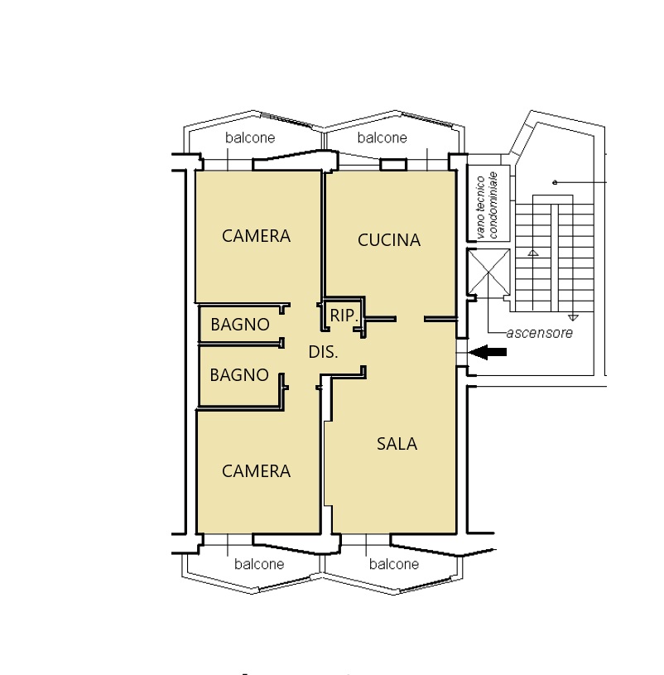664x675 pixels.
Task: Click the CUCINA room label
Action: tap(388, 240)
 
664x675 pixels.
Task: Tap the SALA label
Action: tap(397, 444)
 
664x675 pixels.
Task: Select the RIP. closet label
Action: tap(344, 316)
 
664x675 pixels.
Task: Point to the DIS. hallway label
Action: tap(323, 352)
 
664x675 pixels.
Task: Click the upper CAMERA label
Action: tap(256, 236)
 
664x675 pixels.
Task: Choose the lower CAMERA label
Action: tap(256, 471)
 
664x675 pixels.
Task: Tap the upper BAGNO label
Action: tap(240, 325)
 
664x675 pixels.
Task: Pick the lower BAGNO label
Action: tap(239, 375)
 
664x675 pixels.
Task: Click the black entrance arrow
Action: tap(488, 352)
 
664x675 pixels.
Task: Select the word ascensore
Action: tap(539, 333)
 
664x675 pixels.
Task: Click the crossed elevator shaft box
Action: tap(488, 272)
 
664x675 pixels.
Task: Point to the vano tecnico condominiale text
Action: tap(487, 205)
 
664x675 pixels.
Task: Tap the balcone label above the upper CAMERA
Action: tap(250, 137)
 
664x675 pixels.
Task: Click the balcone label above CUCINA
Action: tap(383, 137)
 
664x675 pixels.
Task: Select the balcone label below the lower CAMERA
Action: tap(259, 564)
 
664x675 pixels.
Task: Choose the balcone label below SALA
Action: tap(394, 564)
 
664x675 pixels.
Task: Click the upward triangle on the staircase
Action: tap(533, 253)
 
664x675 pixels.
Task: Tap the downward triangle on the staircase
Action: tap(573, 318)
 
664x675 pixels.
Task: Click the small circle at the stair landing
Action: tap(555, 182)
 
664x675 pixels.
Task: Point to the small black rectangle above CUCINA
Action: tap(393, 165)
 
